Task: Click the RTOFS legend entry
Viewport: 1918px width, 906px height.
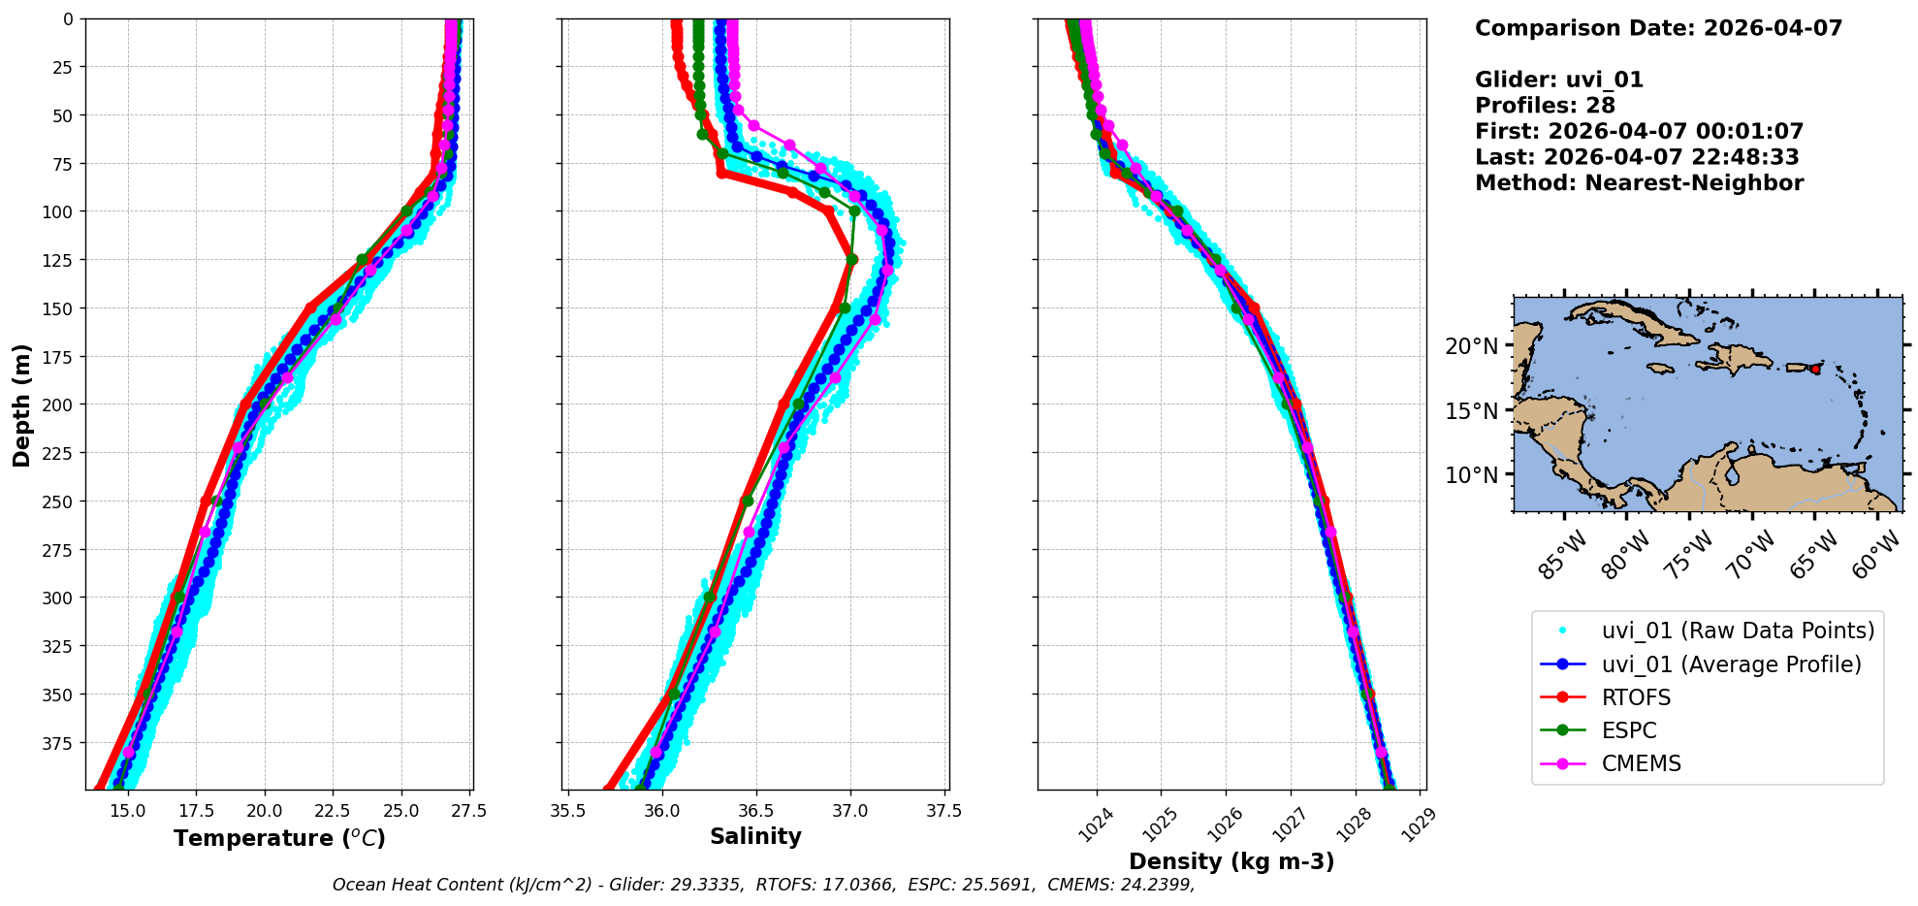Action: tap(1636, 698)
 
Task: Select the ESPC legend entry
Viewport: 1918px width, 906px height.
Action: tap(1629, 731)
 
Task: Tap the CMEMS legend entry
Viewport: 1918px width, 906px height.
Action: tap(1641, 764)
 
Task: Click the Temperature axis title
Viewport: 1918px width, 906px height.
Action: tap(279, 838)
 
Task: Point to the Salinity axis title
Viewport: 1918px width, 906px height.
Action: tap(755, 837)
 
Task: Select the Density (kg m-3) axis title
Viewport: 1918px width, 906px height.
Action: tap(1231, 861)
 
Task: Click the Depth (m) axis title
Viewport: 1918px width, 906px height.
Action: tap(22, 404)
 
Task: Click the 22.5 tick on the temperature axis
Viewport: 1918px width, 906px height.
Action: tap(333, 812)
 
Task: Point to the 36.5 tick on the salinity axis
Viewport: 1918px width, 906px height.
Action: tap(756, 812)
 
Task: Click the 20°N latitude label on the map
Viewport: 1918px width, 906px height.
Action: tap(1471, 346)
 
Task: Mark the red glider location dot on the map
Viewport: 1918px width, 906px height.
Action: tap(1815, 369)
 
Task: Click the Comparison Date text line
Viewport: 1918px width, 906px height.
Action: tap(1658, 28)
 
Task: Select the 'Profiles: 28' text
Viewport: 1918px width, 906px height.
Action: tap(1545, 106)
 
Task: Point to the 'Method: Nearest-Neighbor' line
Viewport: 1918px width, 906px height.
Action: tap(1639, 183)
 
